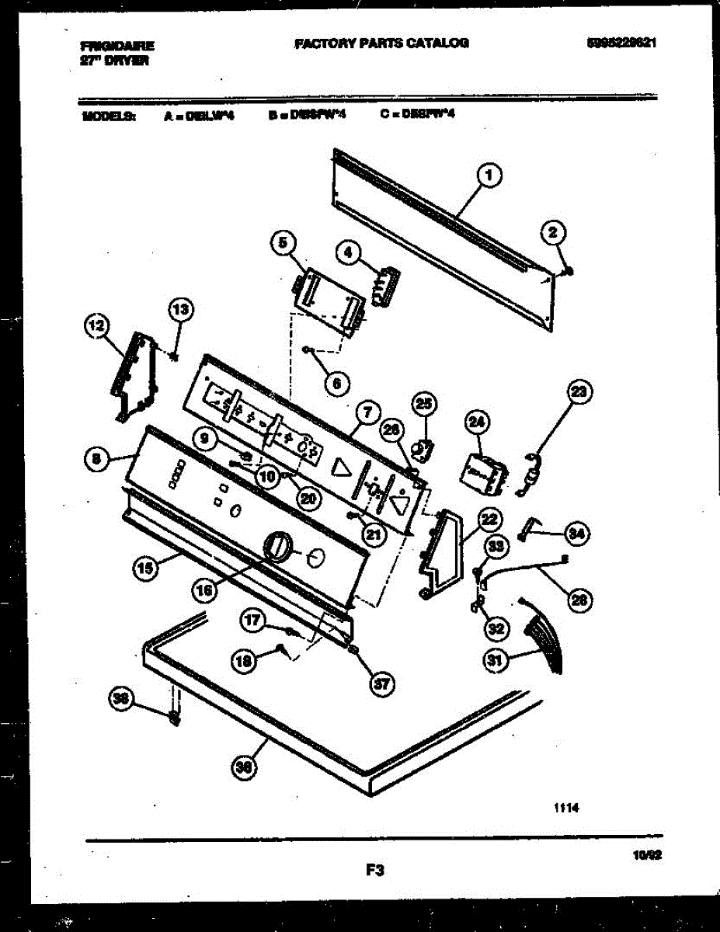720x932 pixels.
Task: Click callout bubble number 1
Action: coord(489,177)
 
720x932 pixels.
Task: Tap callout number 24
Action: coord(476,423)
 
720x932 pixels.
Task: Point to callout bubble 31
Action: coord(493,661)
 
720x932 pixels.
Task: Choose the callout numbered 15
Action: coord(144,568)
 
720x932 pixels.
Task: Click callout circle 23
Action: coord(578,393)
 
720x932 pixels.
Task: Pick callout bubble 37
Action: coord(381,683)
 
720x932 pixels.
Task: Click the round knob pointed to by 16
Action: coord(276,546)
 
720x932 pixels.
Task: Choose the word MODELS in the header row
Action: coord(108,116)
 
